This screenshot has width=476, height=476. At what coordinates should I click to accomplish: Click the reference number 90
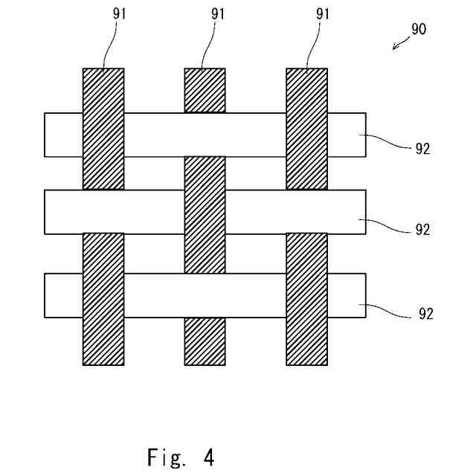pyautogui.click(x=419, y=30)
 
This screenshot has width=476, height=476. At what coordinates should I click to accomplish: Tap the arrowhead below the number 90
pyautogui.click(x=395, y=48)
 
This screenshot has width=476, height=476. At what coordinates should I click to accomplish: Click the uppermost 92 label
pyautogui.click(x=422, y=148)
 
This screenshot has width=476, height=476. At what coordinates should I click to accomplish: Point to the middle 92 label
pyautogui.click(x=422, y=230)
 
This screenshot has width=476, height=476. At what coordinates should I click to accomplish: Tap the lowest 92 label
pyautogui.click(x=422, y=314)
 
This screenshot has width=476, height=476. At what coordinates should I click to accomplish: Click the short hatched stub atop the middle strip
pyautogui.click(x=205, y=90)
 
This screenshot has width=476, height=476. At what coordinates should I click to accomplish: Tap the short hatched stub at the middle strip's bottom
pyautogui.click(x=205, y=341)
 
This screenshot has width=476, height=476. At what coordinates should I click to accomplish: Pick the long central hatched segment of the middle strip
pyautogui.click(x=205, y=214)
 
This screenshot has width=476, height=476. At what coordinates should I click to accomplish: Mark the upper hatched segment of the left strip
pyautogui.click(x=103, y=128)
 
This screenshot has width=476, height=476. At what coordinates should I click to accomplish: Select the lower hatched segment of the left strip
pyautogui.click(x=103, y=298)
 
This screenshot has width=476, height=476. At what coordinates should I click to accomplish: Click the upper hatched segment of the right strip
pyautogui.click(x=306, y=128)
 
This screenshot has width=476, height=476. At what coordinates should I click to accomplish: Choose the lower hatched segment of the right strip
pyautogui.click(x=306, y=298)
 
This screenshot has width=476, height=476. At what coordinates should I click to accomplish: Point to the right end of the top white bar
pyautogui.click(x=347, y=135)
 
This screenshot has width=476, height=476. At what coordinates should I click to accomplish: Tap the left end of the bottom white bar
pyautogui.click(x=63, y=296)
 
